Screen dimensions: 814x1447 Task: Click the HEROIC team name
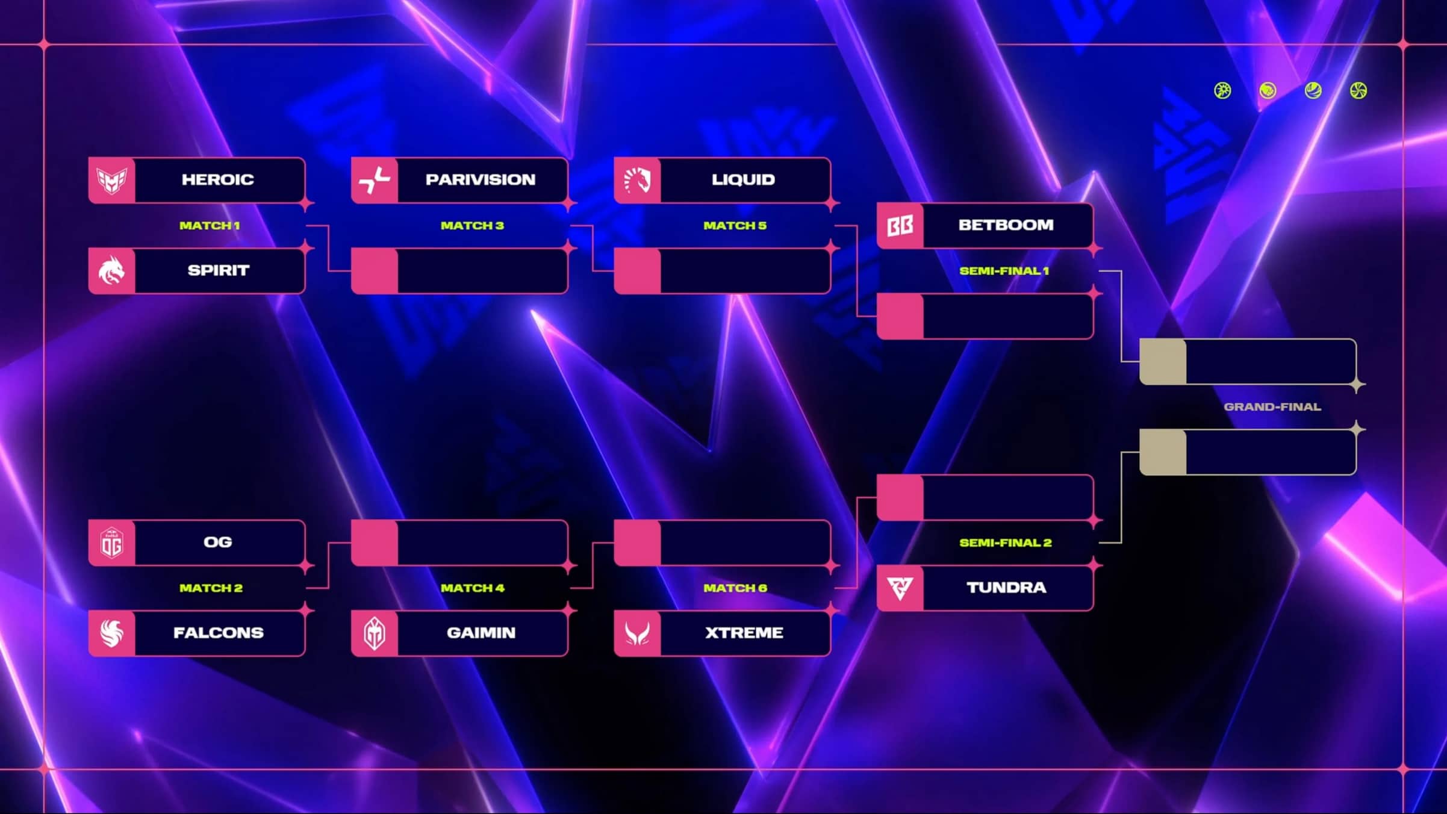(x=217, y=179)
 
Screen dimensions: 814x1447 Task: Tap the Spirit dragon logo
(x=112, y=270)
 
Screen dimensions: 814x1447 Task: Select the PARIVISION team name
(x=480, y=179)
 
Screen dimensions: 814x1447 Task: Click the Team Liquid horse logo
(x=637, y=180)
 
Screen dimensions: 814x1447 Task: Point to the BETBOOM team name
(x=1006, y=225)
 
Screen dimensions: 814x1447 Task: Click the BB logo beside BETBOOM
(x=900, y=226)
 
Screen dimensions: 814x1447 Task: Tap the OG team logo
(x=112, y=542)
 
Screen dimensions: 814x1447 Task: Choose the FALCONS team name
(x=218, y=633)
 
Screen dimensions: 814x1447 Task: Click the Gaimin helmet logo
(x=375, y=633)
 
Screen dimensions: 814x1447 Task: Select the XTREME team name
(x=744, y=633)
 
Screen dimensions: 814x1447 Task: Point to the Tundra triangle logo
(x=900, y=588)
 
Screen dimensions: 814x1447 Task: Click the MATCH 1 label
(x=210, y=226)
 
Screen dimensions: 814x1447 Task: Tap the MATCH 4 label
(x=472, y=588)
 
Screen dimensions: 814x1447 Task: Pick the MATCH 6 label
(x=735, y=588)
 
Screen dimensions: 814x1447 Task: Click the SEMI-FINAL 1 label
(x=1004, y=271)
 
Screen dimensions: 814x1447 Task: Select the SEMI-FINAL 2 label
(x=1005, y=543)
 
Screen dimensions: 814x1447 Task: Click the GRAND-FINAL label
(x=1272, y=407)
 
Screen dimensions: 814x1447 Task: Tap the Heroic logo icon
(x=112, y=180)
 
